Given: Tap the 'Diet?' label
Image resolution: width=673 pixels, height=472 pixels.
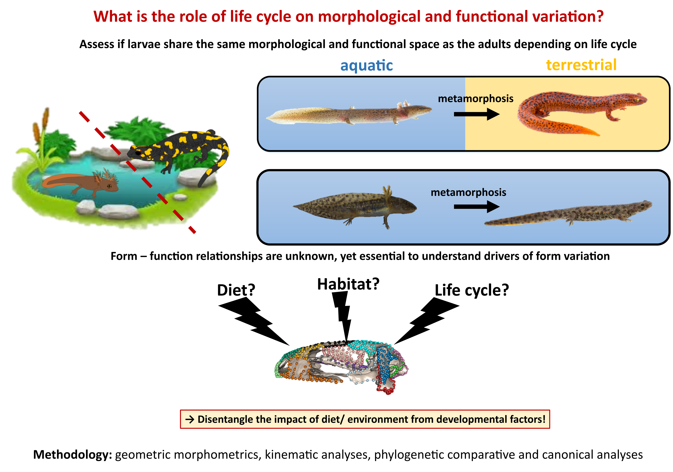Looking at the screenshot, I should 236,290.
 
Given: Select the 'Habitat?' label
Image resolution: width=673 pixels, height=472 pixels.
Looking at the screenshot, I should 348,284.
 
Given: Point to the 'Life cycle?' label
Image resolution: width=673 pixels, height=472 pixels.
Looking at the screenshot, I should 472,290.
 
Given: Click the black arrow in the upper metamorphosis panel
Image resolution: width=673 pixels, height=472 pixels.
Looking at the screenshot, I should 476,114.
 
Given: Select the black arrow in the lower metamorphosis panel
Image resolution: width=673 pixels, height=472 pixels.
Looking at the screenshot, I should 476,207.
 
